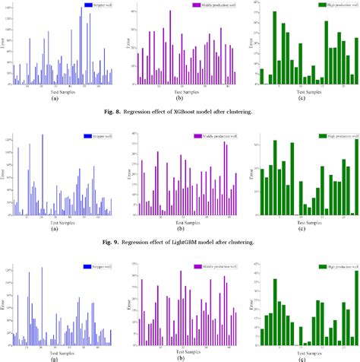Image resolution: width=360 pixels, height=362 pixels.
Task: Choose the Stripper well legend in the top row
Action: [x=97, y=5]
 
